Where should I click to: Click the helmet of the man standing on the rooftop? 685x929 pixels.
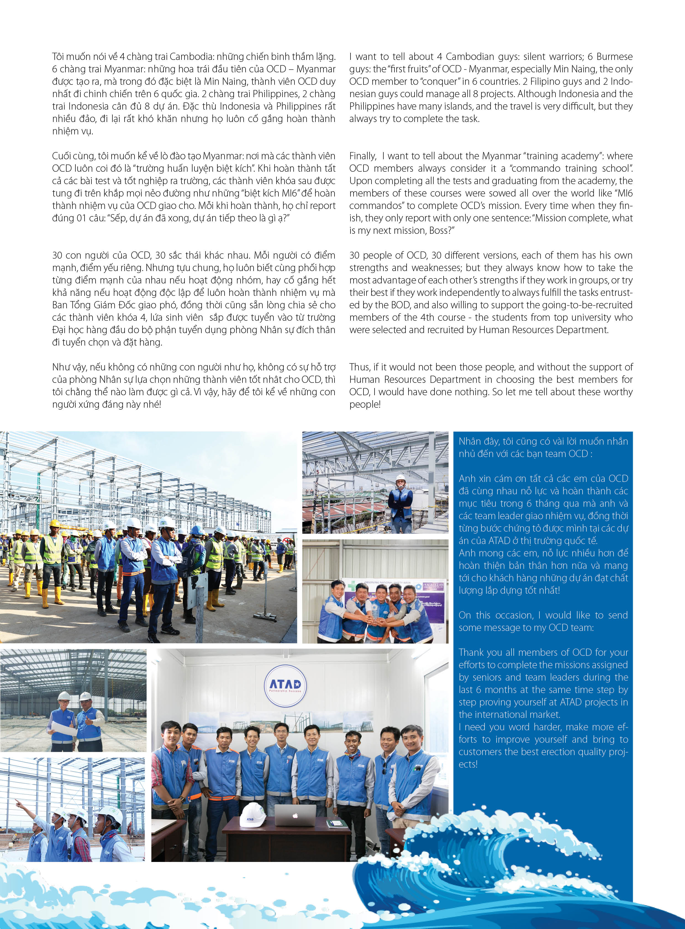click(400, 478)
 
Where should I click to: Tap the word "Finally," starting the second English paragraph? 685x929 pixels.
click(363, 156)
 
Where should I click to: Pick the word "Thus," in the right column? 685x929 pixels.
click(360, 367)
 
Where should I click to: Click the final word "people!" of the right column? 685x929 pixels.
click(365, 404)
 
